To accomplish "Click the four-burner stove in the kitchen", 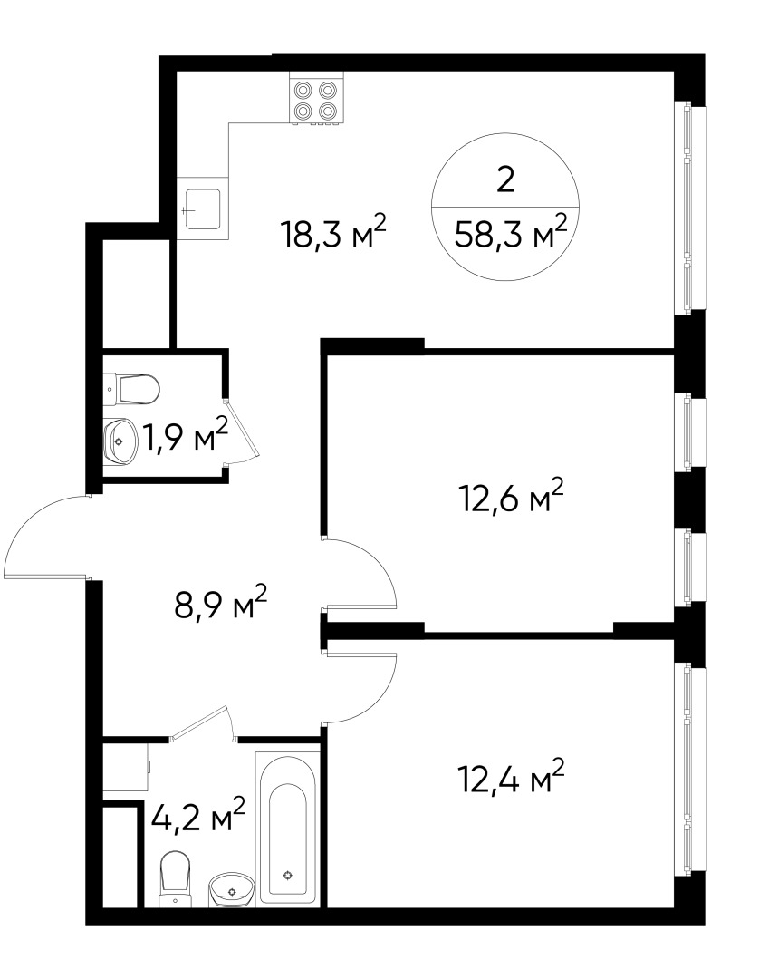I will [315, 100].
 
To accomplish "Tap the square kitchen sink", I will [203, 209].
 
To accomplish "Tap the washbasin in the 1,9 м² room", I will [119, 439].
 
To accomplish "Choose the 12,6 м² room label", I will [513, 499].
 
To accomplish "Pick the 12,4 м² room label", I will [513, 776].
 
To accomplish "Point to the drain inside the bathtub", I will [288, 875].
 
